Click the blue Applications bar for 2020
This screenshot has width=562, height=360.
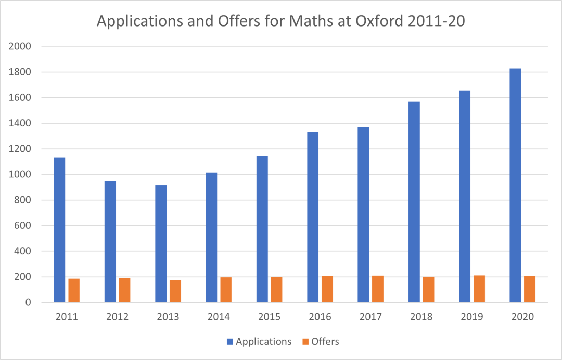click(515, 185)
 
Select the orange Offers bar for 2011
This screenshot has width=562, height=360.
click(74, 290)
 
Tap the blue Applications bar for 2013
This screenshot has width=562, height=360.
click(161, 243)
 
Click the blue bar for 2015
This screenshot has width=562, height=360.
click(262, 229)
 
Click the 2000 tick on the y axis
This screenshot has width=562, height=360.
click(20, 46)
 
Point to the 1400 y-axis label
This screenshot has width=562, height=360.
click(20, 123)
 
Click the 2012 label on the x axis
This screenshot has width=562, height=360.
click(117, 317)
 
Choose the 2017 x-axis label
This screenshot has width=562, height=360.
click(371, 317)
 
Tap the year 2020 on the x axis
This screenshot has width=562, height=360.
click(522, 317)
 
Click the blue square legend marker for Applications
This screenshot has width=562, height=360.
click(229, 342)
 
